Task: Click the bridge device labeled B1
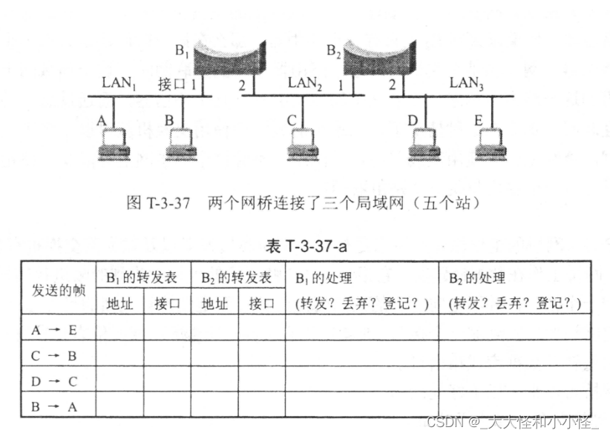coord(229,58)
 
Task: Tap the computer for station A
coord(114,144)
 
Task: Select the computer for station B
coord(181,144)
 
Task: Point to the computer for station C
coord(303,144)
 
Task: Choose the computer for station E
coord(491,144)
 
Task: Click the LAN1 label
coord(119,83)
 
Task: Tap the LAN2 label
coord(304,83)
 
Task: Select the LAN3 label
coord(467,83)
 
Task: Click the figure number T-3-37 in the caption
coord(168,203)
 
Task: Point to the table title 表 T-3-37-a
coord(306,245)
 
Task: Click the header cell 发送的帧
coord(59,290)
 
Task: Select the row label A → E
coord(54,330)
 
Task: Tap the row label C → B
coord(54,356)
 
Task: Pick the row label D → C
coord(54,381)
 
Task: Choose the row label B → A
coord(54,407)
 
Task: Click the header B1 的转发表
coord(142,277)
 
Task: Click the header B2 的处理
coord(477,278)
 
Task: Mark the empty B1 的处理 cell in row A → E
coord(362,327)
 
